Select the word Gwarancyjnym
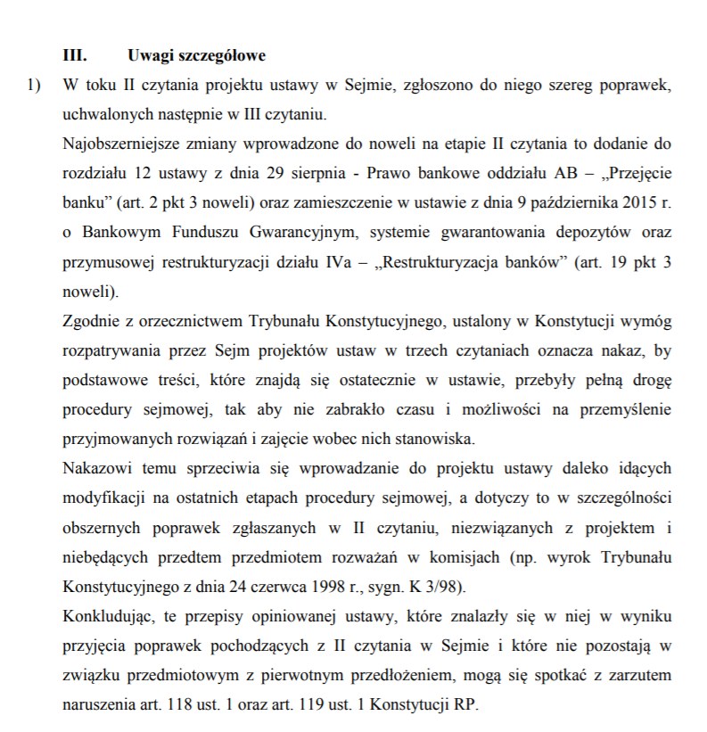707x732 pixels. (267, 233)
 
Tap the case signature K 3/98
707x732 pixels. (440, 589)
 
